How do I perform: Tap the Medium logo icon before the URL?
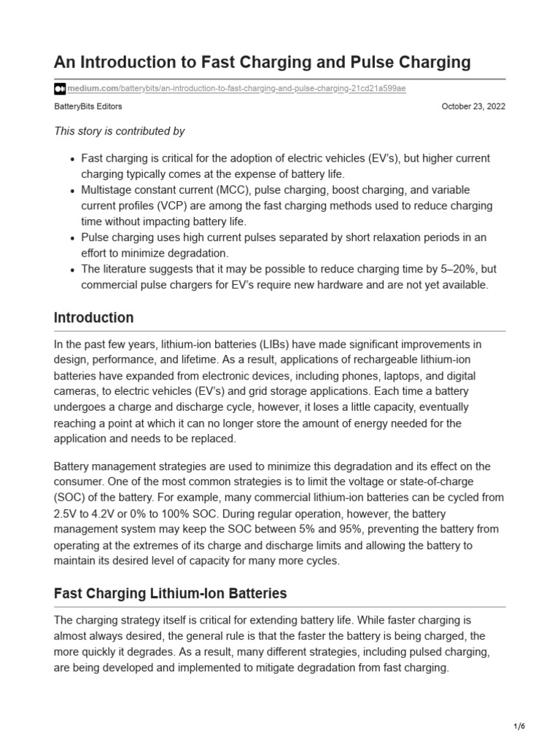point(60,89)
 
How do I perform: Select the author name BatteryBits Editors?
point(88,106)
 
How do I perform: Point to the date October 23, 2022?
point(473,106)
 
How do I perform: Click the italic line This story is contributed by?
point(120,131)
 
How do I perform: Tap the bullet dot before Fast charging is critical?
point(71,159)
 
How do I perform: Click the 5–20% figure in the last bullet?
point(449,270)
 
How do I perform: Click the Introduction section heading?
point(94,318)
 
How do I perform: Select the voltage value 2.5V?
point(69,514)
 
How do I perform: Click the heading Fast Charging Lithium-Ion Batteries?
point(171,594)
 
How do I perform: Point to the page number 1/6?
point(518,727)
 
